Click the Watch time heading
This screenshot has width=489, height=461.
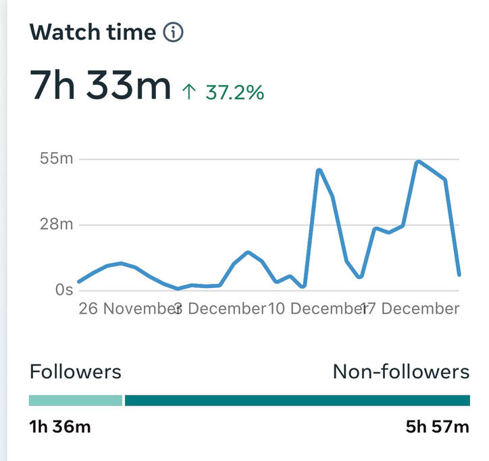tap(93, 32)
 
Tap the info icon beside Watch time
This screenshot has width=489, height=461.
tap(174, 32)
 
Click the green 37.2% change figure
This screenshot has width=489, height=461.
tap(234, 92)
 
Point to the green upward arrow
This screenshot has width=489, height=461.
tap(189, 92)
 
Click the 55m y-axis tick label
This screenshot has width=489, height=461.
tap(57, 159)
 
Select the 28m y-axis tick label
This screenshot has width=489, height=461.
tap(57, 224)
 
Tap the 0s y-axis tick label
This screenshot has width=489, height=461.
tap(64, 289)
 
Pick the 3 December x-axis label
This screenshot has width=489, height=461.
tap(220, 309)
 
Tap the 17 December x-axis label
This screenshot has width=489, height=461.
tap(411, 309)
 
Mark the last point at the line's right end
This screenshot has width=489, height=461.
tap(459, 274)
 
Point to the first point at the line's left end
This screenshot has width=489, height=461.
tap(78, 282)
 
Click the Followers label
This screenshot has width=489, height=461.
tap(76, 371)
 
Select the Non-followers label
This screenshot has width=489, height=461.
tap(401, 371)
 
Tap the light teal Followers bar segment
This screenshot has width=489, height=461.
tap(75, 400)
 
